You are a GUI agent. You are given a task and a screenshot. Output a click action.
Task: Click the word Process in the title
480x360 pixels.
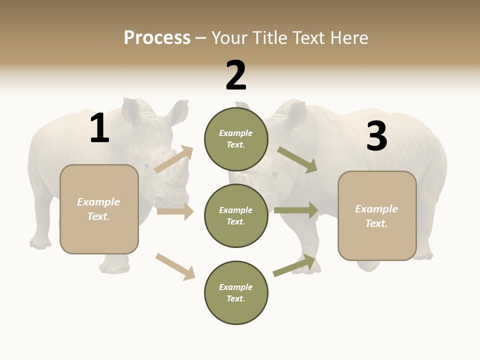[x=157, y=38]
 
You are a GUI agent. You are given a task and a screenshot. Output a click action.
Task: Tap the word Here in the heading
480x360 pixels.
[x=349, y=38]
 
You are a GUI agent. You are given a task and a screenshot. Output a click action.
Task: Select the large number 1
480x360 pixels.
[x=99, y=128]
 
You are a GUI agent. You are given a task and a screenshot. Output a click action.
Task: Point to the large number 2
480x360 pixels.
[x=236, y=75]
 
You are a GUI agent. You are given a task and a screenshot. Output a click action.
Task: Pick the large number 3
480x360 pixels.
[x=376, y=136]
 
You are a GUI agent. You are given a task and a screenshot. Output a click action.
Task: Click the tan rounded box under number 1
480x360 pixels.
[x=99, y=209]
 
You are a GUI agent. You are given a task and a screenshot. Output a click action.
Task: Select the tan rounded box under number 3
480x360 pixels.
[x=377, y=216]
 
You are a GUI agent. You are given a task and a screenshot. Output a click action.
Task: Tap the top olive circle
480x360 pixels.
[x=236, y=139]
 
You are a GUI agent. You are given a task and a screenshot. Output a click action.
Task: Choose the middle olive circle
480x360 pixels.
[x=236, y=216]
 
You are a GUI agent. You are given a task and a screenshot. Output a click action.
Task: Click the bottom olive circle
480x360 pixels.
[x=236, y=293]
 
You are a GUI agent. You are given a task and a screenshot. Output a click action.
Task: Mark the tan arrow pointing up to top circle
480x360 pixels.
[x=174, y=159]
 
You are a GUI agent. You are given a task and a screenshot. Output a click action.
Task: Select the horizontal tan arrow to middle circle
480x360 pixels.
[x=175, y=212]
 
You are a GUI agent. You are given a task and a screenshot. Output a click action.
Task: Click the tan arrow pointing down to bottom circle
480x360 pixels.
[x=175, y=266]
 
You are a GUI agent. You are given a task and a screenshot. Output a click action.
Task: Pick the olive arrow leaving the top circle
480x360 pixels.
[x=297, y=160]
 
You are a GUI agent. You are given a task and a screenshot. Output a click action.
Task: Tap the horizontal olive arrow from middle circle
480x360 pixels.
[x=296, y=210]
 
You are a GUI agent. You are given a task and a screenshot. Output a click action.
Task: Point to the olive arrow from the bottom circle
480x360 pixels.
[x=294, y=265]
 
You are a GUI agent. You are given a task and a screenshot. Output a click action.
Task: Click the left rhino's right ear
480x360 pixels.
[x=177, y=112]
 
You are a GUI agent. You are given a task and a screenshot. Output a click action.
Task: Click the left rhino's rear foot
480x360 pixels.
[x=40, y=243]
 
